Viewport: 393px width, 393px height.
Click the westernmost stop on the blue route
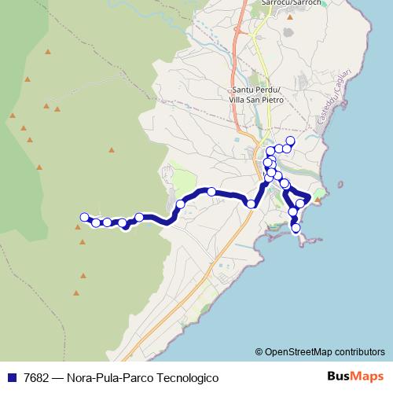coord(84,217)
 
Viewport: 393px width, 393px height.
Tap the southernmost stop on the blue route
coord(296,229)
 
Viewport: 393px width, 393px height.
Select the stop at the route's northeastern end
coord(289,141)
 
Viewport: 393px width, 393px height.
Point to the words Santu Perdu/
coord(257,90)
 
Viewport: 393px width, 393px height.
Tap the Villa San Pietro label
coord(257,100)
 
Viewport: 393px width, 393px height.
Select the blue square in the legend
coord(11,377)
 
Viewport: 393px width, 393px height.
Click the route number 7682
coord(38,377)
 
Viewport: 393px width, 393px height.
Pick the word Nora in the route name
coord(82,377)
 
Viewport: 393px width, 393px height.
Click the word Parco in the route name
coord(130,377)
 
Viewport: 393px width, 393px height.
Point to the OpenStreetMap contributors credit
coord(319,351)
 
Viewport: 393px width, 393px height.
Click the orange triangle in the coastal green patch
coord(318,200)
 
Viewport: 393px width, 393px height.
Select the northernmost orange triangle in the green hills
coord(47,52)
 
